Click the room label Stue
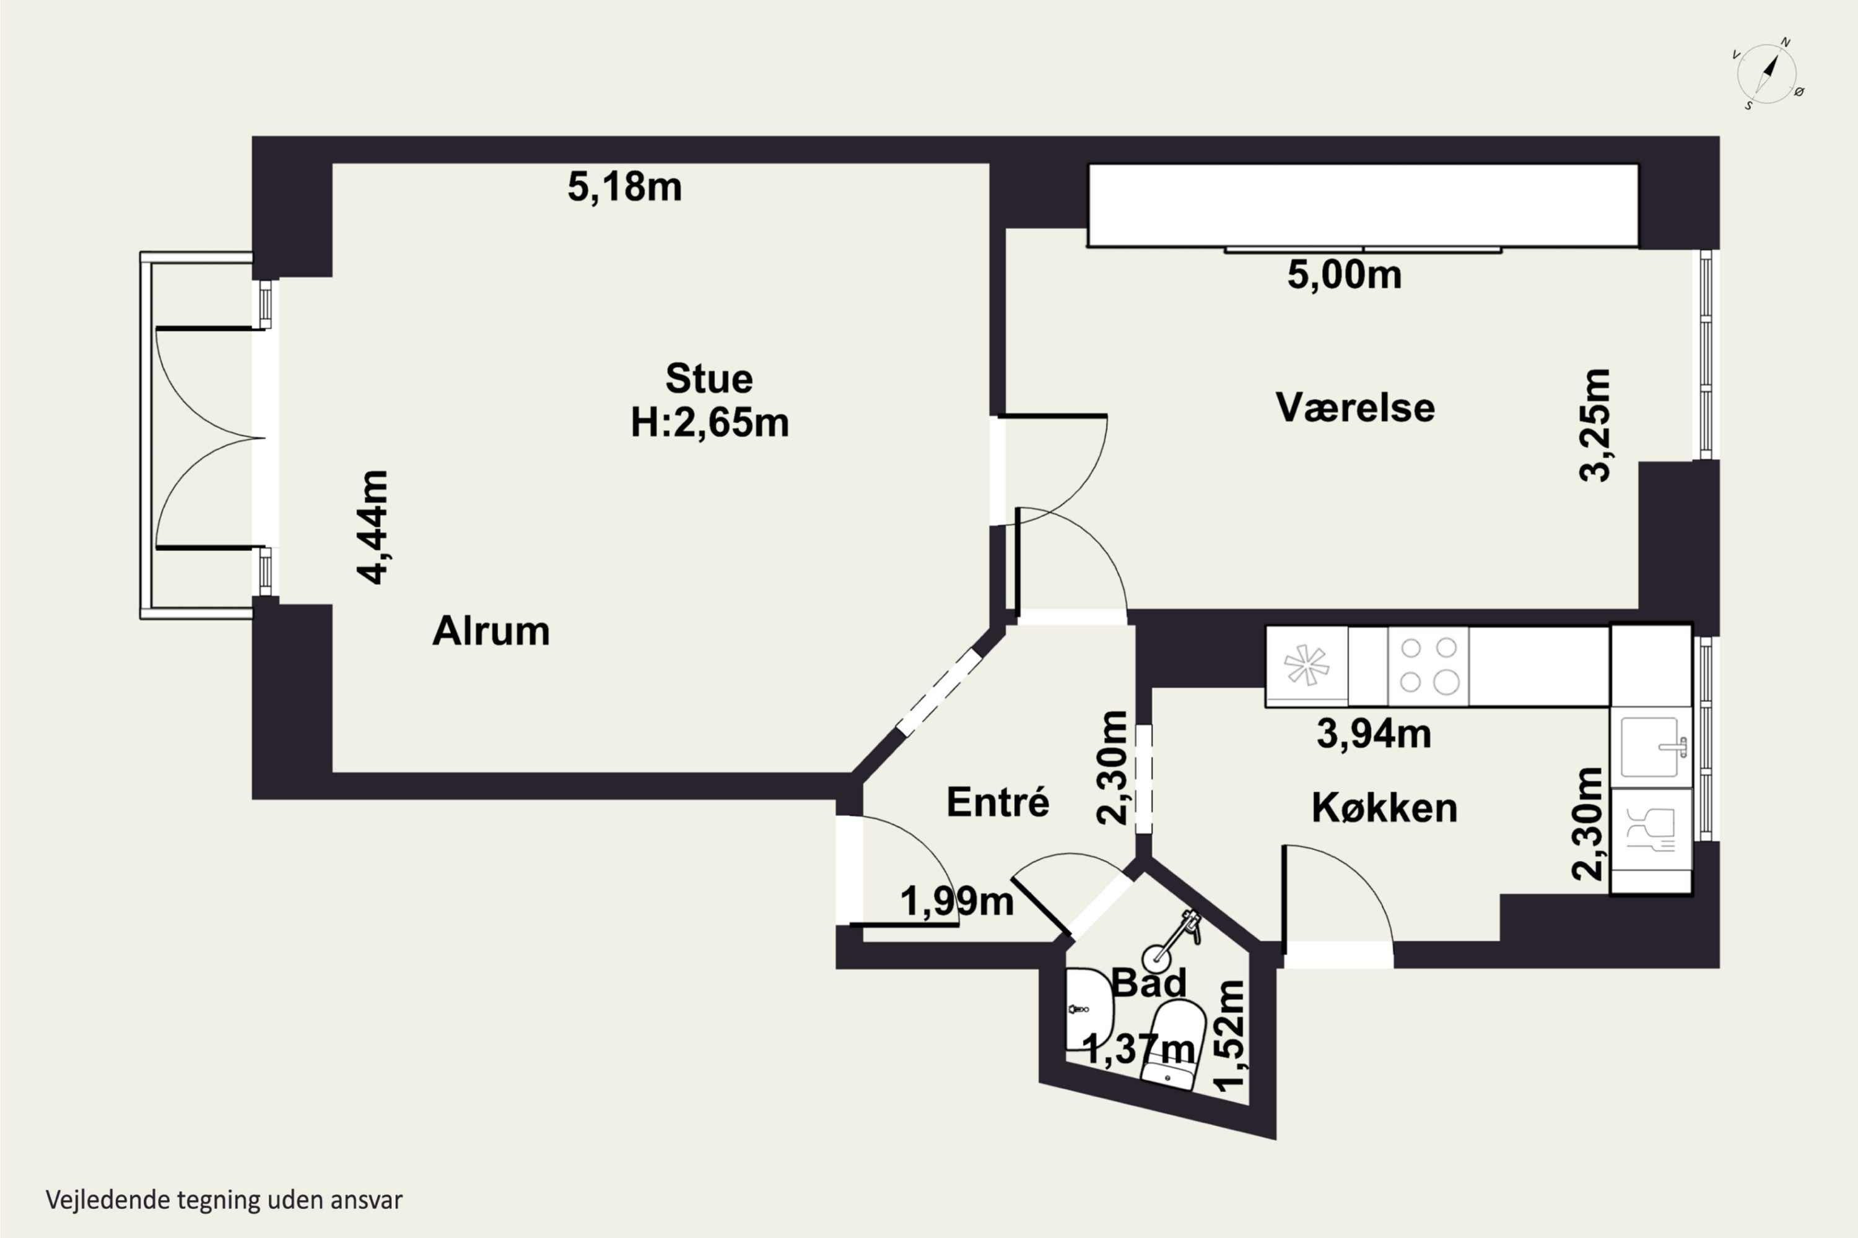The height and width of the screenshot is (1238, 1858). click(x=709, y=379)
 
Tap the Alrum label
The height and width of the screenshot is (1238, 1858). click(x=491, y=631)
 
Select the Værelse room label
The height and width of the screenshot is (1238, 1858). click(x=1355, y=407)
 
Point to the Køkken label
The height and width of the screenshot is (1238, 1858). click(x=1384, y=808)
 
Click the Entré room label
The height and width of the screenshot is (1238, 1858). click(x=998, y=802)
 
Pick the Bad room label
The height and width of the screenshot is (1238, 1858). click(x=1149, y=983)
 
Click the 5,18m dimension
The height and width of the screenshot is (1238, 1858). click(x=624, y=187)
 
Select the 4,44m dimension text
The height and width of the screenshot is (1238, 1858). click(x=372, y=527)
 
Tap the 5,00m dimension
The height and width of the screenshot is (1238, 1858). click(x=1345, y=275)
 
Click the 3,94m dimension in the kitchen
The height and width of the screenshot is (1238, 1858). click(x=1374, y=734)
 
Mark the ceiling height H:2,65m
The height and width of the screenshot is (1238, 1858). click(x=709, y=422)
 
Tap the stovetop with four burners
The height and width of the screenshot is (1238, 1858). click(x=1428, y=665)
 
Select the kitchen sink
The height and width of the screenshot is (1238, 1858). click(x=1651, y=746)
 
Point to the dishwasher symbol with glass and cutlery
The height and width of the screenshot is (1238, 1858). click(x=1651, y=828)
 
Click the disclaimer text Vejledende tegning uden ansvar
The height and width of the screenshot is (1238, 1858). click(x=224, y=1200)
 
